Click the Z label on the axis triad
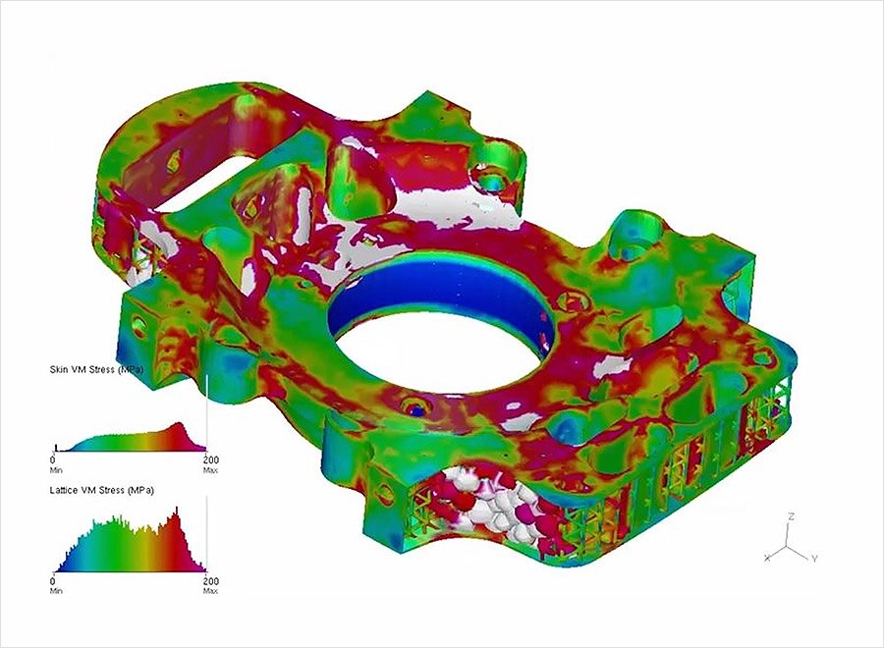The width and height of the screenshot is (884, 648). point(792,516)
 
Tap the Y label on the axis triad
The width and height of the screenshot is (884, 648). point(814,559)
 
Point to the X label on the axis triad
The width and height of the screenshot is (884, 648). point(767,558)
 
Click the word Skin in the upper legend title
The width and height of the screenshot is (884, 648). point(59,369)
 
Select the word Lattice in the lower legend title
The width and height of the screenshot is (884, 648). point(65,490)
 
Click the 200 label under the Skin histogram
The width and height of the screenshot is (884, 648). point(211,459)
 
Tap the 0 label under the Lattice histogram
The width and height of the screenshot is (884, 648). point(53,581)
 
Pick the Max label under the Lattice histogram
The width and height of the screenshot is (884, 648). point(211,591)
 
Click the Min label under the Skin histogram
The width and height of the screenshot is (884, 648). point(56,470)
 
